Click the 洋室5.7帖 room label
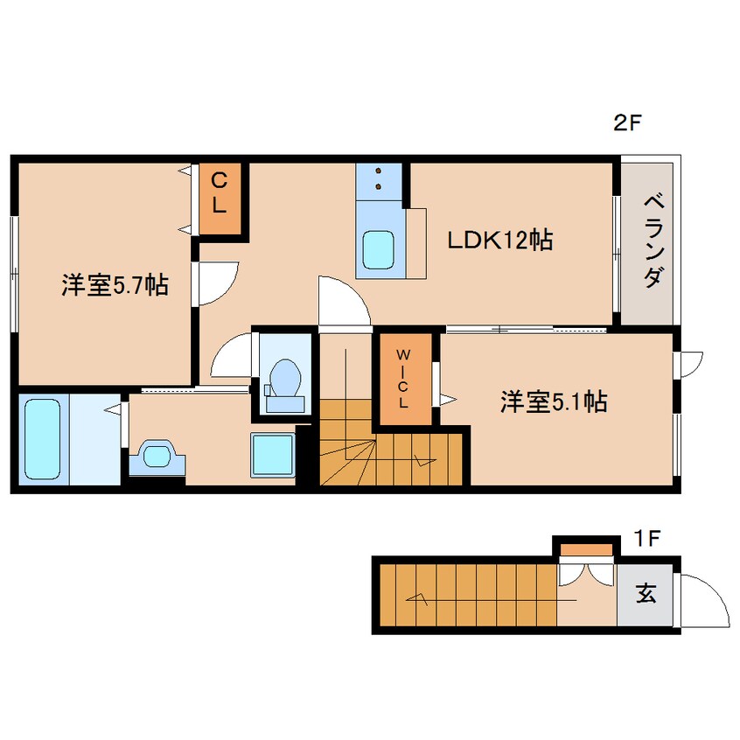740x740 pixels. click(x=115, y=286)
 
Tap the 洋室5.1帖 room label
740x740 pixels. click(x=554, y=401)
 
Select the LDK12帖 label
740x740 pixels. click(x=499, y=240)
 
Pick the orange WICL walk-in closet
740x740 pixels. click(x=403, y=379)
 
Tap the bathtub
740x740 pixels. click(x=41, y=439)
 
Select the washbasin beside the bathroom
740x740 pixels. click(x=157, y=456)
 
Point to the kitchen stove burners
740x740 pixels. click(x=379, y=178)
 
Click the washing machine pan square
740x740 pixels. click(x=273, y=455)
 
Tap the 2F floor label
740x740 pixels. click(x=627, y=123)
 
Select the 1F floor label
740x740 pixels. click(x=647, y=538)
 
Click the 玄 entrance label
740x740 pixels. click(x=646, y=594)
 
